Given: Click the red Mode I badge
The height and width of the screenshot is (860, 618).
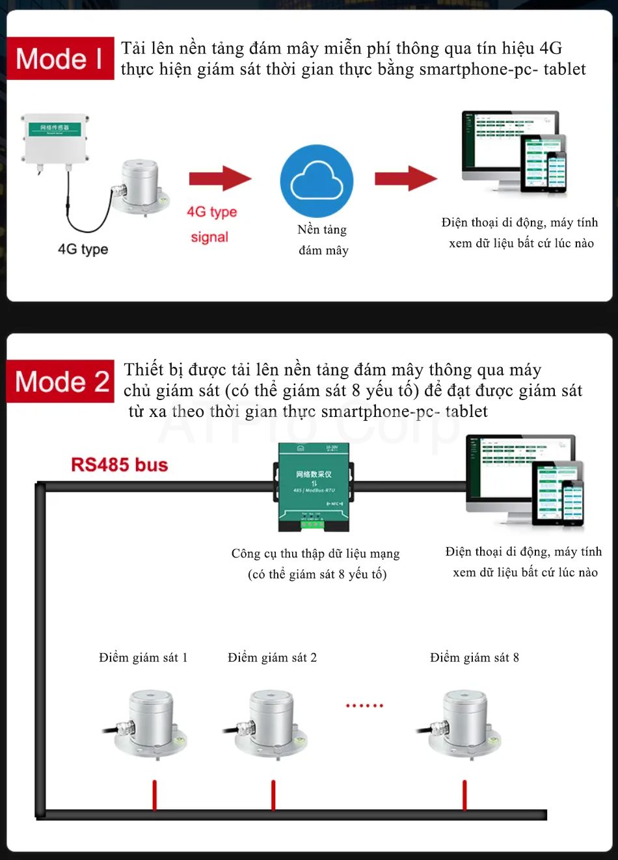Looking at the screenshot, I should (x=60, y=59).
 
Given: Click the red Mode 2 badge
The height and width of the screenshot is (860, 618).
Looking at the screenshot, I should (x=61, y=382).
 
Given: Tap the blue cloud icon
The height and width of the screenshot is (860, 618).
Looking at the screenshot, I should (x=317, y=181).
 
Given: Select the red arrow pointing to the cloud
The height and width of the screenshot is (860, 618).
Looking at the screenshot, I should (x=219, y=178).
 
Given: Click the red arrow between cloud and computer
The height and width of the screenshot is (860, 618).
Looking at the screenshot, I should (x=405, y=178).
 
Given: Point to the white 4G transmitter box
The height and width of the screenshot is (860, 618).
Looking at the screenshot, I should (x=55, y=139).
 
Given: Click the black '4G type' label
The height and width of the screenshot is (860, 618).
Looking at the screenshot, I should (x=83, y=249).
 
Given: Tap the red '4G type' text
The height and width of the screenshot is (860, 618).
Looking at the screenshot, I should (x=211, y=211).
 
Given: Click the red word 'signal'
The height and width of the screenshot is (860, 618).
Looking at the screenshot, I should (x=209, y=237).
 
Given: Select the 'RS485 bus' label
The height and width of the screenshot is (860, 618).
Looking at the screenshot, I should (x=119, y=464).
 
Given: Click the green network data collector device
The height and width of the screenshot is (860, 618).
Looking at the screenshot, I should (x=314, y=487).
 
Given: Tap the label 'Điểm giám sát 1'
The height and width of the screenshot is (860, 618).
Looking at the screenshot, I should (x=143, y=658).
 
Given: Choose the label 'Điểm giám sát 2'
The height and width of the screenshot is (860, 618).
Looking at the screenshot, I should (x=272, y=658).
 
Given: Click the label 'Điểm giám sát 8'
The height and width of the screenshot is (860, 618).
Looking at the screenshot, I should (x=474, y=658).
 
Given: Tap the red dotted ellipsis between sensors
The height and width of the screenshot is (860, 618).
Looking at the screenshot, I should (x=364, y=705).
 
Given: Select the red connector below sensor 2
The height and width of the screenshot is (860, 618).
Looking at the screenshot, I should (x=273, y=795).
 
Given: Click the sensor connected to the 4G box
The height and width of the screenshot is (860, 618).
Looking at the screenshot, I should (x=140, y=185).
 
